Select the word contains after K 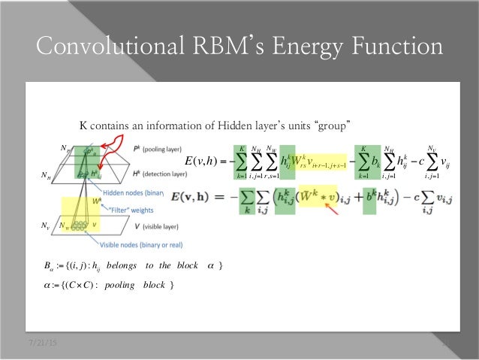pyautogui.click(x=113, y=123)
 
